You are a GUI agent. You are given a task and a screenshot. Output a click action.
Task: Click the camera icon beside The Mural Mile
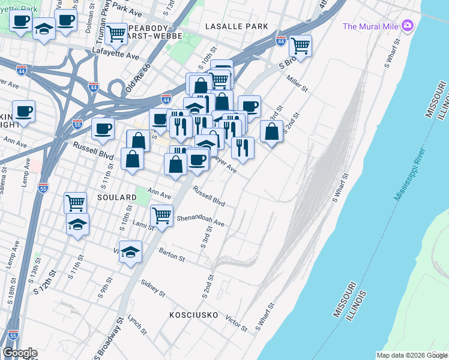click(408, 25)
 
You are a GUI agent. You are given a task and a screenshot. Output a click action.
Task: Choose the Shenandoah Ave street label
click(200, 221)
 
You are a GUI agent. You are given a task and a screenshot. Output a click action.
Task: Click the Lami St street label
click(143, 225)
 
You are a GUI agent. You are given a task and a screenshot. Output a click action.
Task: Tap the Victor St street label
click(236, 323)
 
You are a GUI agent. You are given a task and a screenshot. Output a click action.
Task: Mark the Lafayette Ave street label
click(116, 56)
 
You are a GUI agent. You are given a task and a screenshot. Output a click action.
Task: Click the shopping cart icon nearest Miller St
click(300, 45)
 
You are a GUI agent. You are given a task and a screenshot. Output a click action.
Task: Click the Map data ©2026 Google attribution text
click(412, 355)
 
